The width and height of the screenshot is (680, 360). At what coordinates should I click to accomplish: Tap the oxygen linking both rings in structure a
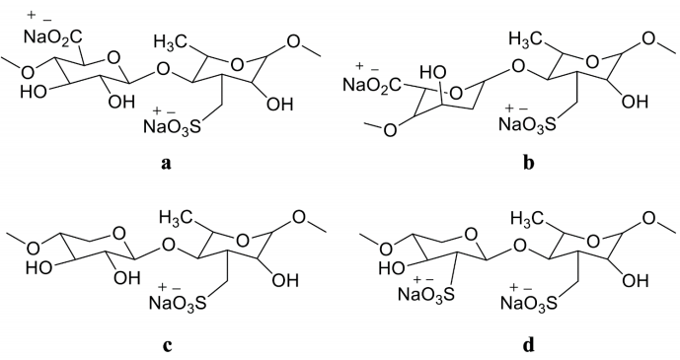(x=147, y=69)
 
